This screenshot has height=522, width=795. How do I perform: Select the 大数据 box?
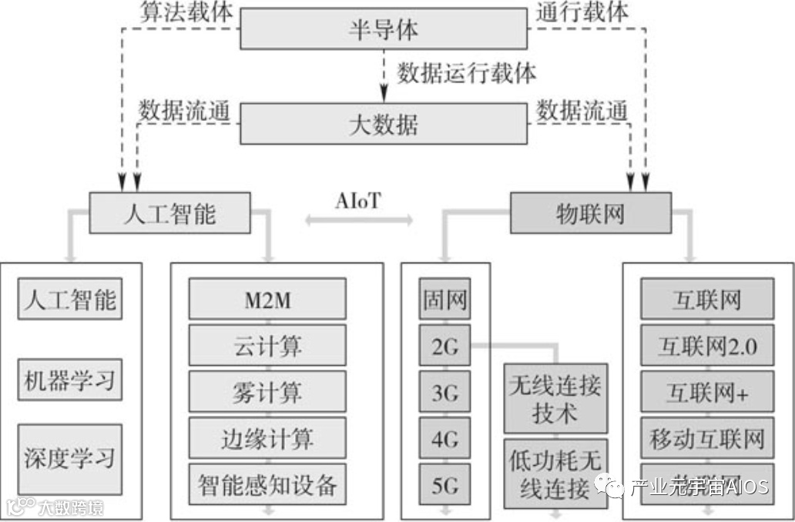384,123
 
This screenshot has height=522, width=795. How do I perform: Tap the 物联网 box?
590,212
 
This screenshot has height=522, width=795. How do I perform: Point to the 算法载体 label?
186,12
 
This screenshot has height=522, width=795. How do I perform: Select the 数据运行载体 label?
467,74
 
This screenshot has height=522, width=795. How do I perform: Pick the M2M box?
267,300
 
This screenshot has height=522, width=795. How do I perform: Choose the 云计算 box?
267,346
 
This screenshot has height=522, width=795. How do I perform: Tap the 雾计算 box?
267,393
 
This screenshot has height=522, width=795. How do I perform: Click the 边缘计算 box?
267,439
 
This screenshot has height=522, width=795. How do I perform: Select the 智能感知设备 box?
267,485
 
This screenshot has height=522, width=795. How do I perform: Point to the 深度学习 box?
70,459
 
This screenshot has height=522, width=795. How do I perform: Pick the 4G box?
444,440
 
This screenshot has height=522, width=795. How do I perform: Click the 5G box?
444,486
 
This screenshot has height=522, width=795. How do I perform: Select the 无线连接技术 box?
555,398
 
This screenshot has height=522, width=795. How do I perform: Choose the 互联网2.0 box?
708,346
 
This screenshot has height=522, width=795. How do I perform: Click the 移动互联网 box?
708,440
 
